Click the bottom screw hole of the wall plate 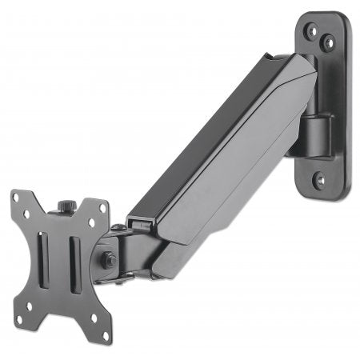(x=320, y=180)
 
